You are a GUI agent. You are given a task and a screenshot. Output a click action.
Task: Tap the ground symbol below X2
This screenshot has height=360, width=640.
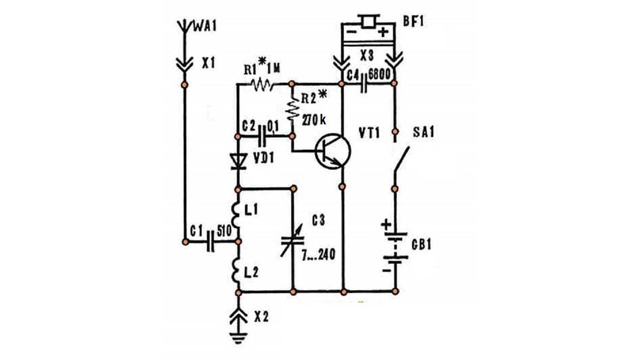[238, 335]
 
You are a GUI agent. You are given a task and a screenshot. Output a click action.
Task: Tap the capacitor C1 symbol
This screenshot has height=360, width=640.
[211, 242]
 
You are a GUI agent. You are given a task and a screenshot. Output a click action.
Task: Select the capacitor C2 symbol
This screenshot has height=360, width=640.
[262, 136]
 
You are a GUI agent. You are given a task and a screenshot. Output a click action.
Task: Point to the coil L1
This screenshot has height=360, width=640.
[236, 213]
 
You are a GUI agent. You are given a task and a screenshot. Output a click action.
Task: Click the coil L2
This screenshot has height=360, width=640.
[236, 270]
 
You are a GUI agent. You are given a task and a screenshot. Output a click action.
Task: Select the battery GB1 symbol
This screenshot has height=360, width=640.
[395, 248]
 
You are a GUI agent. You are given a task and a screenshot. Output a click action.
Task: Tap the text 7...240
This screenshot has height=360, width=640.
[318, 256]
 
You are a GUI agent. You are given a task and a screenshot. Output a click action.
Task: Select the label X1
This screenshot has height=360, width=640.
[209, 63]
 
